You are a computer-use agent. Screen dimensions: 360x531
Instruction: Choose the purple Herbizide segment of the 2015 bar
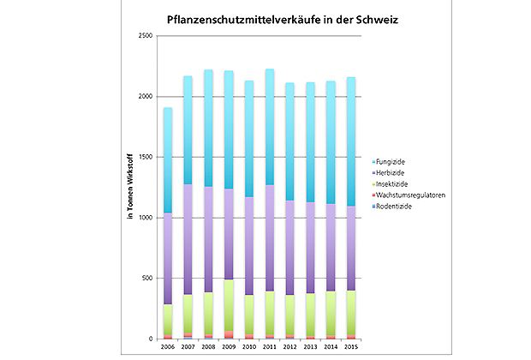pos(350,249)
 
